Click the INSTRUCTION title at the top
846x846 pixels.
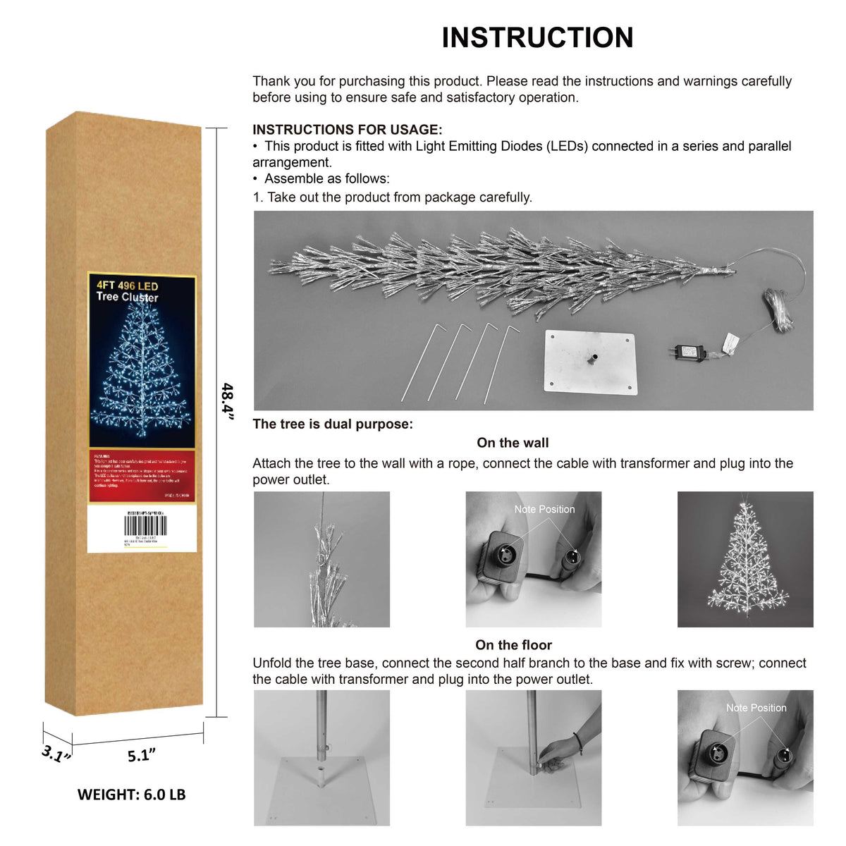tap(537, 38)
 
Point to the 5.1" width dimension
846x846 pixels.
tap(141, 755)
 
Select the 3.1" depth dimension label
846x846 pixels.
tap(56, 754)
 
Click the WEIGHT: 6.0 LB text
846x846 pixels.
tap(131, 795)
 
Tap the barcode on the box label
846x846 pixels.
tap(145, 526)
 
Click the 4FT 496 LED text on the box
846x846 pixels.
tap(128, 286)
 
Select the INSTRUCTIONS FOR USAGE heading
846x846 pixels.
tap(348, 130)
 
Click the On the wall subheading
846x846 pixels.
tap(513, 443)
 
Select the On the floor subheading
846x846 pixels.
tap(513, 645)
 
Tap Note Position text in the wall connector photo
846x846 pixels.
tap(544, 509)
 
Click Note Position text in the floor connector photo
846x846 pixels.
tap(756, 708)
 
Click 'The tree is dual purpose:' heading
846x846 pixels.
tap(333, 424)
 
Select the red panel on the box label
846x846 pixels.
tap(142, 476)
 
